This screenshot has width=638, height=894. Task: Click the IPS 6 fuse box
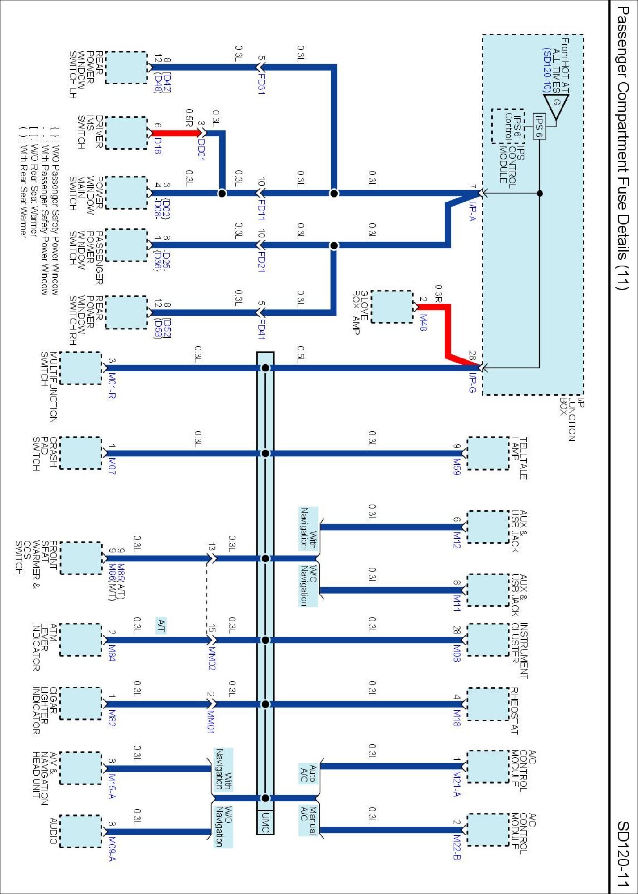coord(539,126)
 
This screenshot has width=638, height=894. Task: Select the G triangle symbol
coord(558,106)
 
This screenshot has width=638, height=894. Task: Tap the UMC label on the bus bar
coord(265,822)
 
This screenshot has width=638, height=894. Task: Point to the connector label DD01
coord(201,149)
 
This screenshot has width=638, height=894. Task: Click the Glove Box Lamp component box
coord(392,307)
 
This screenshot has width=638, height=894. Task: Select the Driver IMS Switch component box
coord(126,133)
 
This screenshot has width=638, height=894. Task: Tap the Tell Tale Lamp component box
coord(488,453)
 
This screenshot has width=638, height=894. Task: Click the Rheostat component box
coord(488,704)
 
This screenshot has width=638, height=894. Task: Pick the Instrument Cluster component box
coord(488,640)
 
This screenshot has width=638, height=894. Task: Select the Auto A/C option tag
coord(308,773)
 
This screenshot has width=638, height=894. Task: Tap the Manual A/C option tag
coord(308,820)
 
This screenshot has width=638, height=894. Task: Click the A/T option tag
coord(161,625)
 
